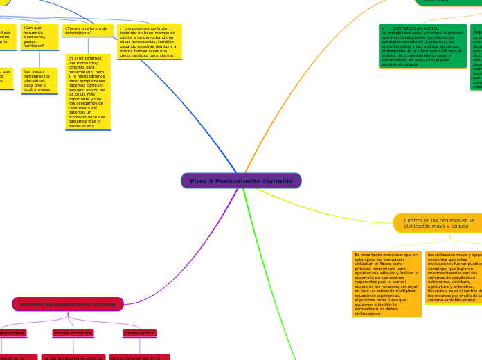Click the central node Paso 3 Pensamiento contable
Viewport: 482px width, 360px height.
241,181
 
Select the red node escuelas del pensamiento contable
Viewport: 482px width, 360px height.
68,304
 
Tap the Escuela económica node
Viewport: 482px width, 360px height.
73,333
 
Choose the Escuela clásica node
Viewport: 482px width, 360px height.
139,333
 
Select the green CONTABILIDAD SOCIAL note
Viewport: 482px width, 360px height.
422,46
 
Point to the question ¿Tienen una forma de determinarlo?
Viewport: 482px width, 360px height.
88,30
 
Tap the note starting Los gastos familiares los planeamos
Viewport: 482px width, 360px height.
39,80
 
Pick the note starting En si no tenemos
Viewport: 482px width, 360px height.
88,92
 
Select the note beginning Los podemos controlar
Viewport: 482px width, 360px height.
149,42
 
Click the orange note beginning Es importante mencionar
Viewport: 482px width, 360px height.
386,284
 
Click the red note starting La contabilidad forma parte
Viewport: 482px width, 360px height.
73,357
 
